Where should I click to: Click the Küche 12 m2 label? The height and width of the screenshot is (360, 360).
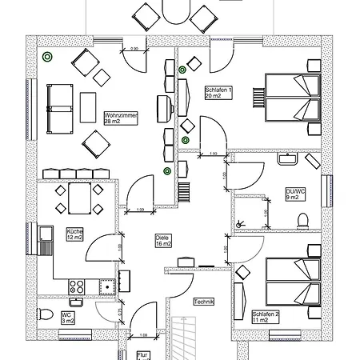[74, 234]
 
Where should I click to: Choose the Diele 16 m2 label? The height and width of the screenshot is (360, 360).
[164, 242]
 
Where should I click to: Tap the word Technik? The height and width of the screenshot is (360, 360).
[202, 302]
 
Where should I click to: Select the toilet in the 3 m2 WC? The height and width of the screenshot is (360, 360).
[46, 313]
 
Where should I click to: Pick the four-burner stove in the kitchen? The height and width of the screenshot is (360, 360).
[78, 285]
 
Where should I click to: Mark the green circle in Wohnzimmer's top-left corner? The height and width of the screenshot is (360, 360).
[49, 57]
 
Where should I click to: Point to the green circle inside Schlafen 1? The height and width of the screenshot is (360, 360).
[183, 70]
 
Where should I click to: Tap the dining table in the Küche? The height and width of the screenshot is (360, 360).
[78, 199]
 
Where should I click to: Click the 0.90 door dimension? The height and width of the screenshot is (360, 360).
[135, 50]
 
